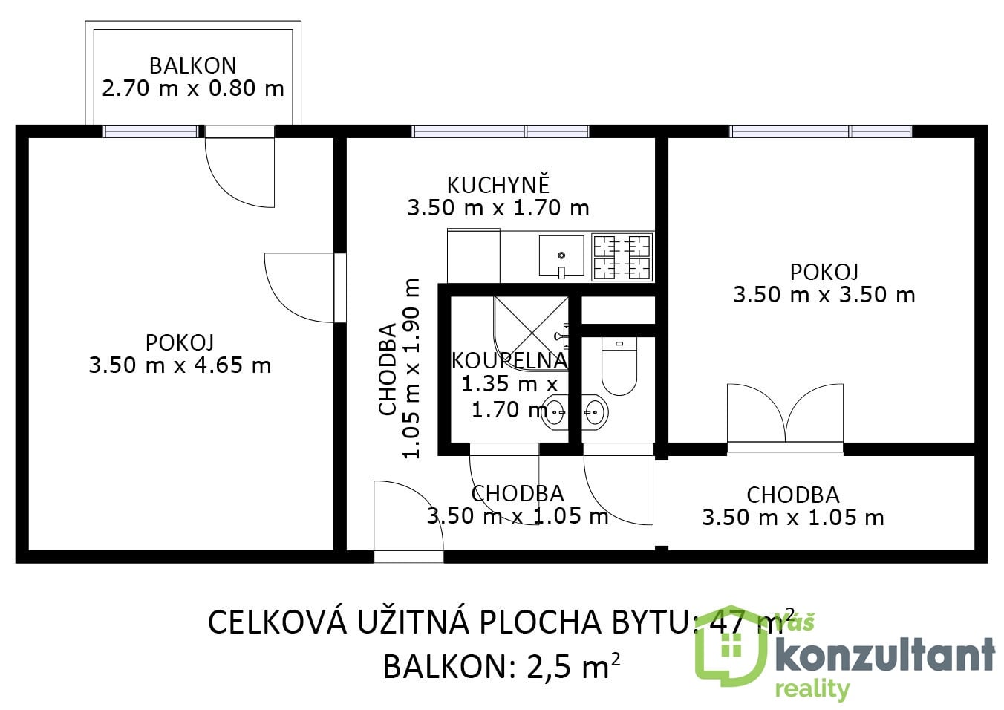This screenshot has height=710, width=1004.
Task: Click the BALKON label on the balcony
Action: coord(192,65)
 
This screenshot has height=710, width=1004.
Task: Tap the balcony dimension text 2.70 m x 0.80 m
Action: coord(192,88)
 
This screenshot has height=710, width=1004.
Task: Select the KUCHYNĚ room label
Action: coord(498,184)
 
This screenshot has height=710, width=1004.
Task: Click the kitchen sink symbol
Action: coord(561,255)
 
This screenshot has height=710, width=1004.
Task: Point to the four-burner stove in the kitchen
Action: coord(622,257)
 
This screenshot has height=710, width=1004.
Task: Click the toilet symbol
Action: coord(619,367)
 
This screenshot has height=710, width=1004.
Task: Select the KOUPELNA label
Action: coord(509,360)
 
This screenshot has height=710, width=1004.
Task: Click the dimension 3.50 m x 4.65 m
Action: coord(180,365)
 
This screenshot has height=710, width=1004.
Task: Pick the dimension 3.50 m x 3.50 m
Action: coord(824,295)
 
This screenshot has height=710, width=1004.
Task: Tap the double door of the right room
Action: coord(785,416)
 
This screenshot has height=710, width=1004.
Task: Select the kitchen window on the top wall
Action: coord(501,131)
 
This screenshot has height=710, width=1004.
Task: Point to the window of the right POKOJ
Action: coord(821,131)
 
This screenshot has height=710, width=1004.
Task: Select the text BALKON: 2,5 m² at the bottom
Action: coord(501,666)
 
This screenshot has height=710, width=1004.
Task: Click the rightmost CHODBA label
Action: coord(792,495)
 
